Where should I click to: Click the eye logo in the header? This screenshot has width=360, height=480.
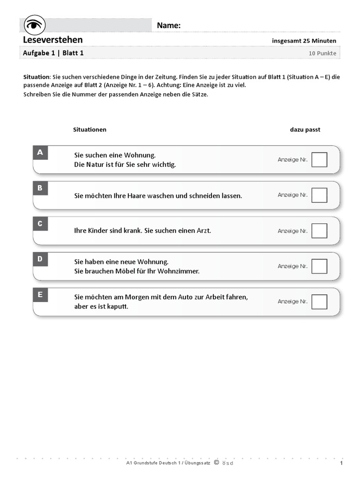click(34, 24)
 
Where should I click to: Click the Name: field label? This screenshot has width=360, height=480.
click(169, 25)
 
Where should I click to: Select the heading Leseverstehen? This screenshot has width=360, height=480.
click(52, 40)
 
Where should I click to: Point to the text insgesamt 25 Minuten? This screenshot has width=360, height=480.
click(304, 41)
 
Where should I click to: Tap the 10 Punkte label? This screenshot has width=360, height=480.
click(322, 53)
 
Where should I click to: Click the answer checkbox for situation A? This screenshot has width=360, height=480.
click(319, 160)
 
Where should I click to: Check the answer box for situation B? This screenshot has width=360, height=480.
click(319, 195)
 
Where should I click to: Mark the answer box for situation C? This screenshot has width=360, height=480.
click(319, 231)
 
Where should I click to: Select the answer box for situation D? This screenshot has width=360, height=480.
click(319, 266)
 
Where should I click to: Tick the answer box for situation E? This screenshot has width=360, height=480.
click(319, 301)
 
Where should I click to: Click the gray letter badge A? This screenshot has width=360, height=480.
click(40, 152)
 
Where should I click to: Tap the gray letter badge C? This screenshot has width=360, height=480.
click(40, 224)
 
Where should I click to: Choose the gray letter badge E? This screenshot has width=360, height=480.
click(40, 295)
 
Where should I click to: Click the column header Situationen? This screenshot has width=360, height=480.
click(90, 129)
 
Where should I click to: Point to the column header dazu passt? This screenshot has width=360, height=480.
click(305, 129)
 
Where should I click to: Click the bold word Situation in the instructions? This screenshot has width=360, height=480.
click(36, 76)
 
